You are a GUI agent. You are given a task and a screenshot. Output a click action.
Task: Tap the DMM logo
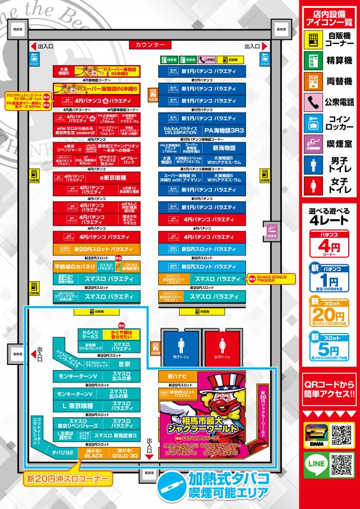(314, 435)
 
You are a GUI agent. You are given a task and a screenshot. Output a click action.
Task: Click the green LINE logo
(314, 464)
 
